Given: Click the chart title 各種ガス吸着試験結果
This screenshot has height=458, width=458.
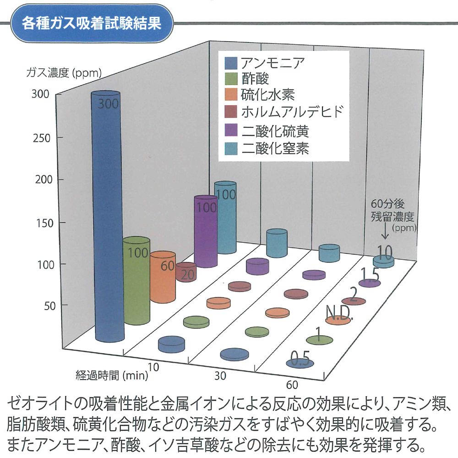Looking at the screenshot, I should [91, 23].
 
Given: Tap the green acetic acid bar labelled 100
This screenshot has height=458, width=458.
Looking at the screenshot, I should [136, 279].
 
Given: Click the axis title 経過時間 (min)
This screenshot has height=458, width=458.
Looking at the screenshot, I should [112, 376].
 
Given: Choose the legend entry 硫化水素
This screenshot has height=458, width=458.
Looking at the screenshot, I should [267, 95].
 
